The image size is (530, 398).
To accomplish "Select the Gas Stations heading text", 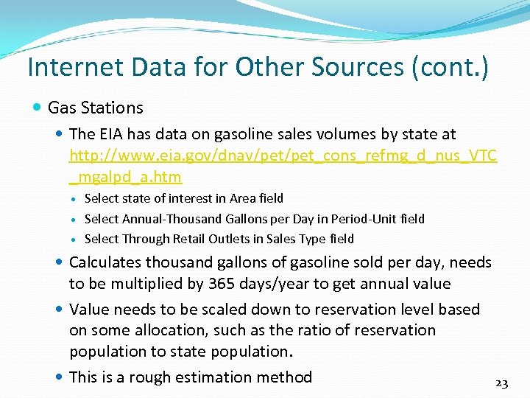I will (95, 108).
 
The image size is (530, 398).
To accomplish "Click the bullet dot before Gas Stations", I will (38, 108).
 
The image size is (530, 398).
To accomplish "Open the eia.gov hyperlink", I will (283, 156).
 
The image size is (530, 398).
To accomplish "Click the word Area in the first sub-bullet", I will (242, 198).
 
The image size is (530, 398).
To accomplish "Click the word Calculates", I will (105, 262).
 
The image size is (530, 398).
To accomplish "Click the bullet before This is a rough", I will (59, 377).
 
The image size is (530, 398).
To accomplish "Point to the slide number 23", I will (502, 383).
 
